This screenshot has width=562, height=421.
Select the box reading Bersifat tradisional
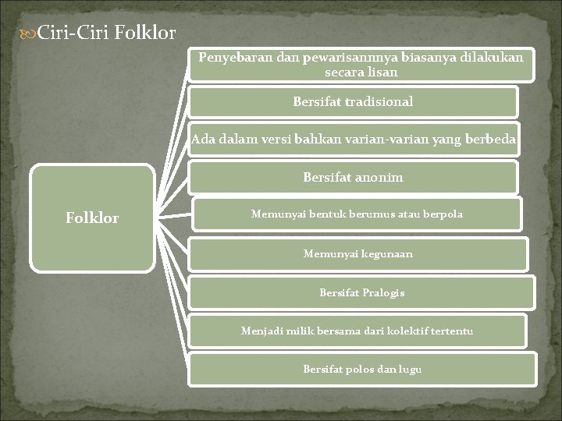coord(353,101)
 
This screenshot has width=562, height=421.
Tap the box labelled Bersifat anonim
coord(353,178)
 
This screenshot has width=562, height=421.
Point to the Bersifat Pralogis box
coord(361,293)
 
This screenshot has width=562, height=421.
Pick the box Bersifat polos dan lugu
coord(362,369)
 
